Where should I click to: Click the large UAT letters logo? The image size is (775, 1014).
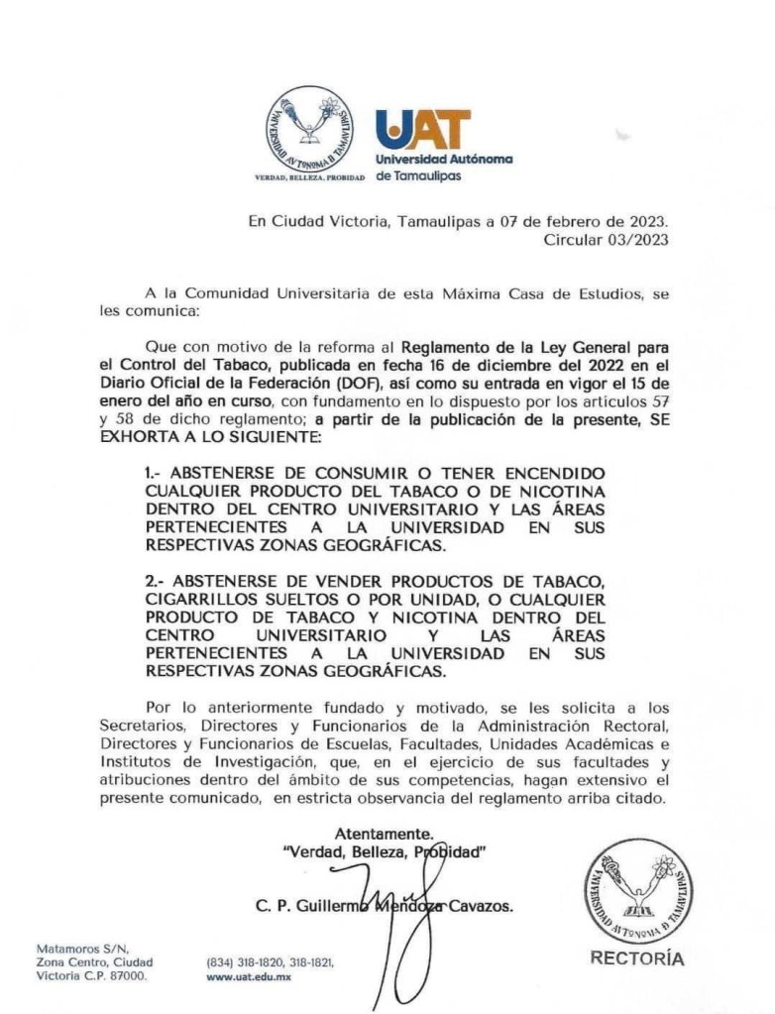pyautogui.click(x=423, y=130)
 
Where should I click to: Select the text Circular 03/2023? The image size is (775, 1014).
pyautogui.click(x=607, y=239)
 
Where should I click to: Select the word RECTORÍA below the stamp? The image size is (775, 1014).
pyautogui.click(x=636, y=958)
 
